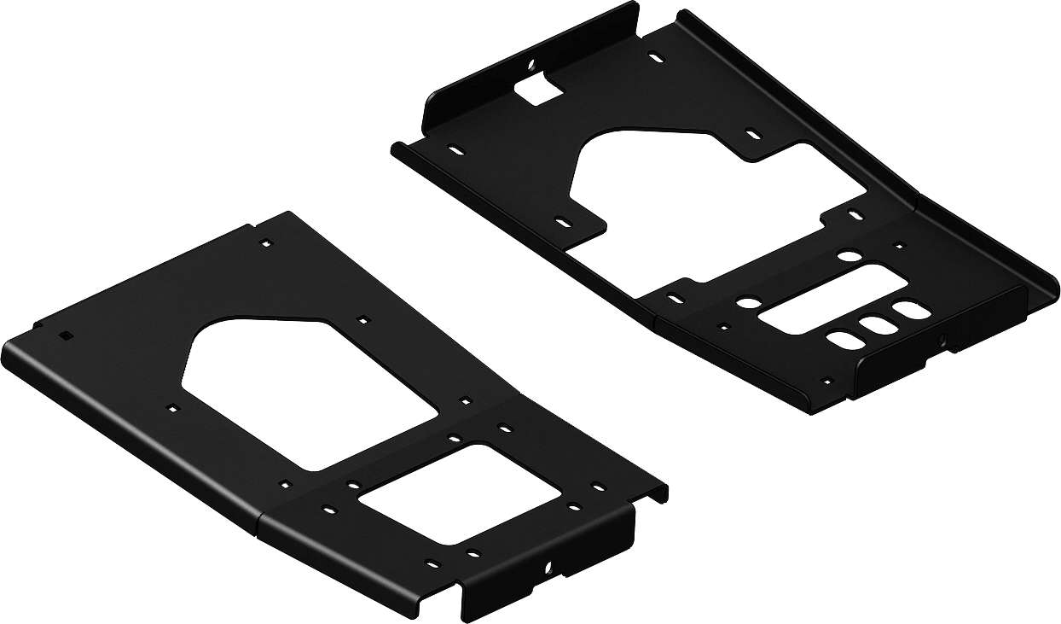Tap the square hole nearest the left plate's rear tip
pyautogui.click(x=266, y=243)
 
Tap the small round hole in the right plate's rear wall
pyautogui.click(x=530, y=64)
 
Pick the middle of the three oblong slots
pyautogui.click(x=873, y=325)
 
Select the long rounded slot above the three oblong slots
pyautogui.click(x=822, y=300)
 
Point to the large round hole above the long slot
pyautogui.click(x=848, y=254)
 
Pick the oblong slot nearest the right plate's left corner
pyautogui.click(x=456, y=150)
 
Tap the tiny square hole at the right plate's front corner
pyautogui.click(x=825, y=382)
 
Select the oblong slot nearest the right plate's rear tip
pyautogui.click(x=655, y=58)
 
